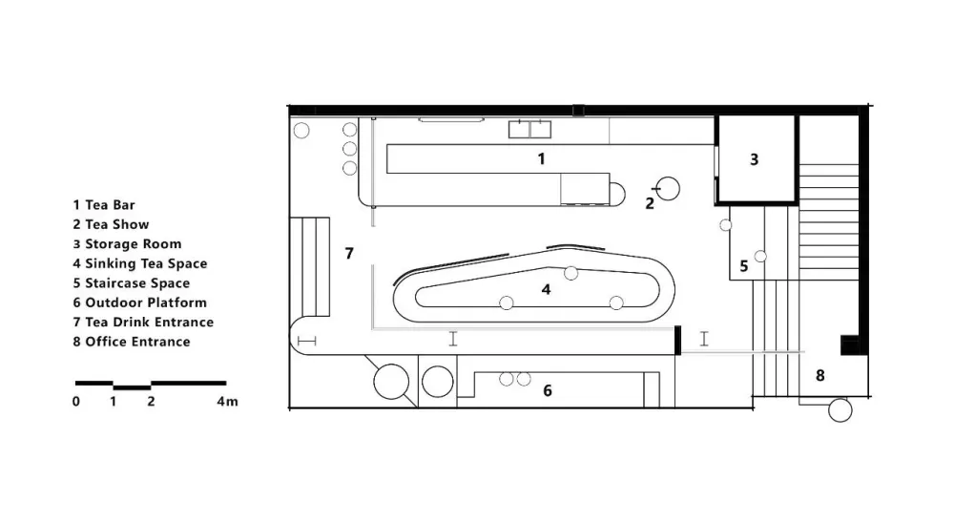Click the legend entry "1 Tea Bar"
(104, 205)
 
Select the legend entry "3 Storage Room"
(127, 244)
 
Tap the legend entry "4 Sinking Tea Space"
(140, 263)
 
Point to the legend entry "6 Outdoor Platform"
(140, 302)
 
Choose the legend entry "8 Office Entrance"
(132, 342)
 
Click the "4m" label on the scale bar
(228, 402)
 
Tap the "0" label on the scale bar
(76, 402)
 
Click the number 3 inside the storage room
(755, 159)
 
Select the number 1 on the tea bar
(542, 159)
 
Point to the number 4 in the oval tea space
(546, 290)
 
